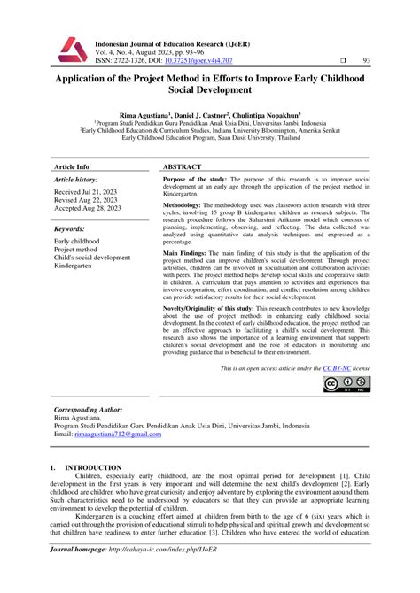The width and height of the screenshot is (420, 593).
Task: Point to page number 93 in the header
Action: click(367, 60)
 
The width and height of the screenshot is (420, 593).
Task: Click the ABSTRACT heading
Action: click(187, 166)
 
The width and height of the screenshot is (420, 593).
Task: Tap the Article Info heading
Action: click(72, 166)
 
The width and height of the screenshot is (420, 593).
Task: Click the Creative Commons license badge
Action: click(346, 384)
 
